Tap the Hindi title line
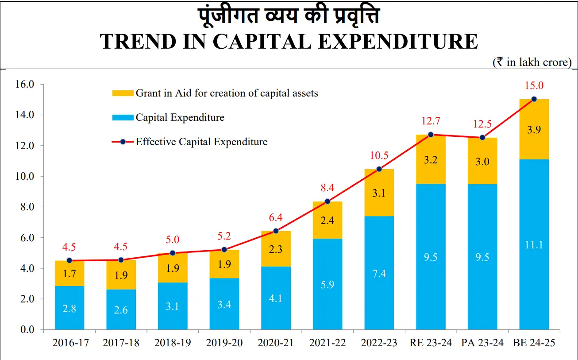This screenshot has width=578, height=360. [289, 16]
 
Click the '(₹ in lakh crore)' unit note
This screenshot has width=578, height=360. [532, 62]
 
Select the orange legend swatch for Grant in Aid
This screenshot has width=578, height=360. [122, 93]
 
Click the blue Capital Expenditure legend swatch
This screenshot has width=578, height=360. [122, 117]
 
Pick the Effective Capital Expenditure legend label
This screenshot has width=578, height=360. [201, 142]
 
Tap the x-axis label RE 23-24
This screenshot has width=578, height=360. [431, 343]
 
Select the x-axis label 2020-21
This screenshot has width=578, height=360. [276, 343]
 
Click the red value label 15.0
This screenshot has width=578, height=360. [534, 86]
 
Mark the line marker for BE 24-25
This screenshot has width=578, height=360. [534, 99]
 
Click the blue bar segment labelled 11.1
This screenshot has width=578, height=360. [534, 244]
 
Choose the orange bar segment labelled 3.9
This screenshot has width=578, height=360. [534, 129]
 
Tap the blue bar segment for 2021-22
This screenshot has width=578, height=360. [328, 284]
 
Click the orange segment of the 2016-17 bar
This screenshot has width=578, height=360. [69, 273]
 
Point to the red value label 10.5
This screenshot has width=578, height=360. [379, 156]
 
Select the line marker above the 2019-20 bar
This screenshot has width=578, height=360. [224, 250]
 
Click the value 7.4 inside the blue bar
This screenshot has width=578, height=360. [379, 273]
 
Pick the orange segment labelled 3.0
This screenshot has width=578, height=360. [482, 161]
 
